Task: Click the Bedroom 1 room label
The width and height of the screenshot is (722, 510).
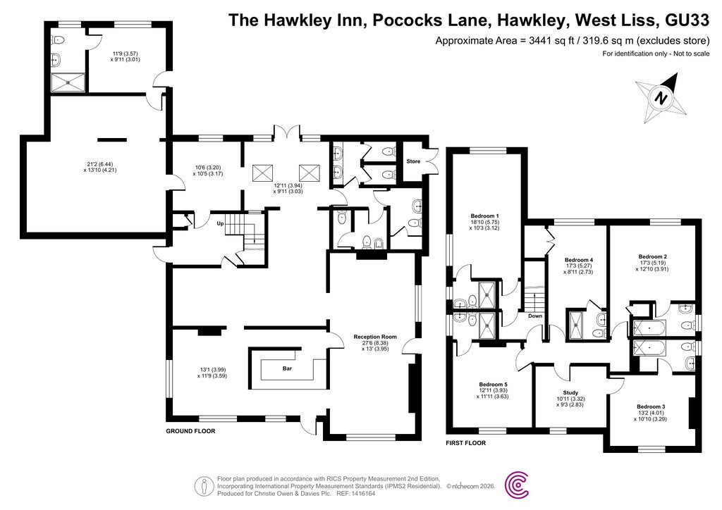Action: (x=485, y=216)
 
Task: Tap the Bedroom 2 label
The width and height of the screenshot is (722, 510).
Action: (x=652, y=256)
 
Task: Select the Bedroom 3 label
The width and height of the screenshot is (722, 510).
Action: (x=651, y=406)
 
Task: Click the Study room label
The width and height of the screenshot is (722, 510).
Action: (x=570, y=393)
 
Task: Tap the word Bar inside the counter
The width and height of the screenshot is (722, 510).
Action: (x=287, y=368)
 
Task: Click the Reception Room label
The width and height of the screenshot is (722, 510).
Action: (x=375, y=337)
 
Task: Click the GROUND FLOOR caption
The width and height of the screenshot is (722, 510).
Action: (x=190, y=430)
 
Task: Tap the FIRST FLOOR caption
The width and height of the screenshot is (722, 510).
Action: (x=465, y=443)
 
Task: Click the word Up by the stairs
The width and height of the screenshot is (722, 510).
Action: (x=220, y=223)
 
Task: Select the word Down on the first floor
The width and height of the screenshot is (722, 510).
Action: (x=535, y=316)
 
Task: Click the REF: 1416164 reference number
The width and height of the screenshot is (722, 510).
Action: (x=356, y=493)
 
